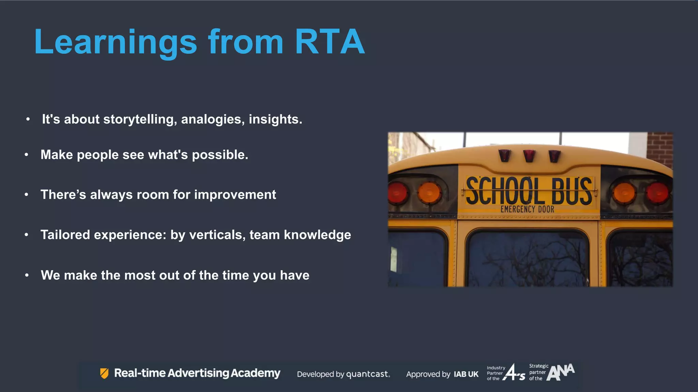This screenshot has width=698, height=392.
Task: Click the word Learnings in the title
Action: coord(115,42)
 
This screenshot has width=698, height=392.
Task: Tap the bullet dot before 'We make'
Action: coord(27,275)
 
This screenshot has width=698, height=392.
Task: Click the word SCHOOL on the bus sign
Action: coord(503,191)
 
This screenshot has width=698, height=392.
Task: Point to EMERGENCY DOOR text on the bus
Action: coord(527,209)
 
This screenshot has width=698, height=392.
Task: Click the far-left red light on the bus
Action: coord(397,193)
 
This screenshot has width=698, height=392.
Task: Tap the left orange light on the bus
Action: coord(429,193)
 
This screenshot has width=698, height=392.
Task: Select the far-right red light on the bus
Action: coord(657,193)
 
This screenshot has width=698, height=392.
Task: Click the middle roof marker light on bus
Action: coord(529,156)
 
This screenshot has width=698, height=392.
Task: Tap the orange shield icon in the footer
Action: coord(104,373)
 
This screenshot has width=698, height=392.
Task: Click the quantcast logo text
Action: coord(368,374)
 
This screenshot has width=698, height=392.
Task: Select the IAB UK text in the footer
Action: coord(466,374)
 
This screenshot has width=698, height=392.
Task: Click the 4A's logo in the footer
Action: coord(514,373)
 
